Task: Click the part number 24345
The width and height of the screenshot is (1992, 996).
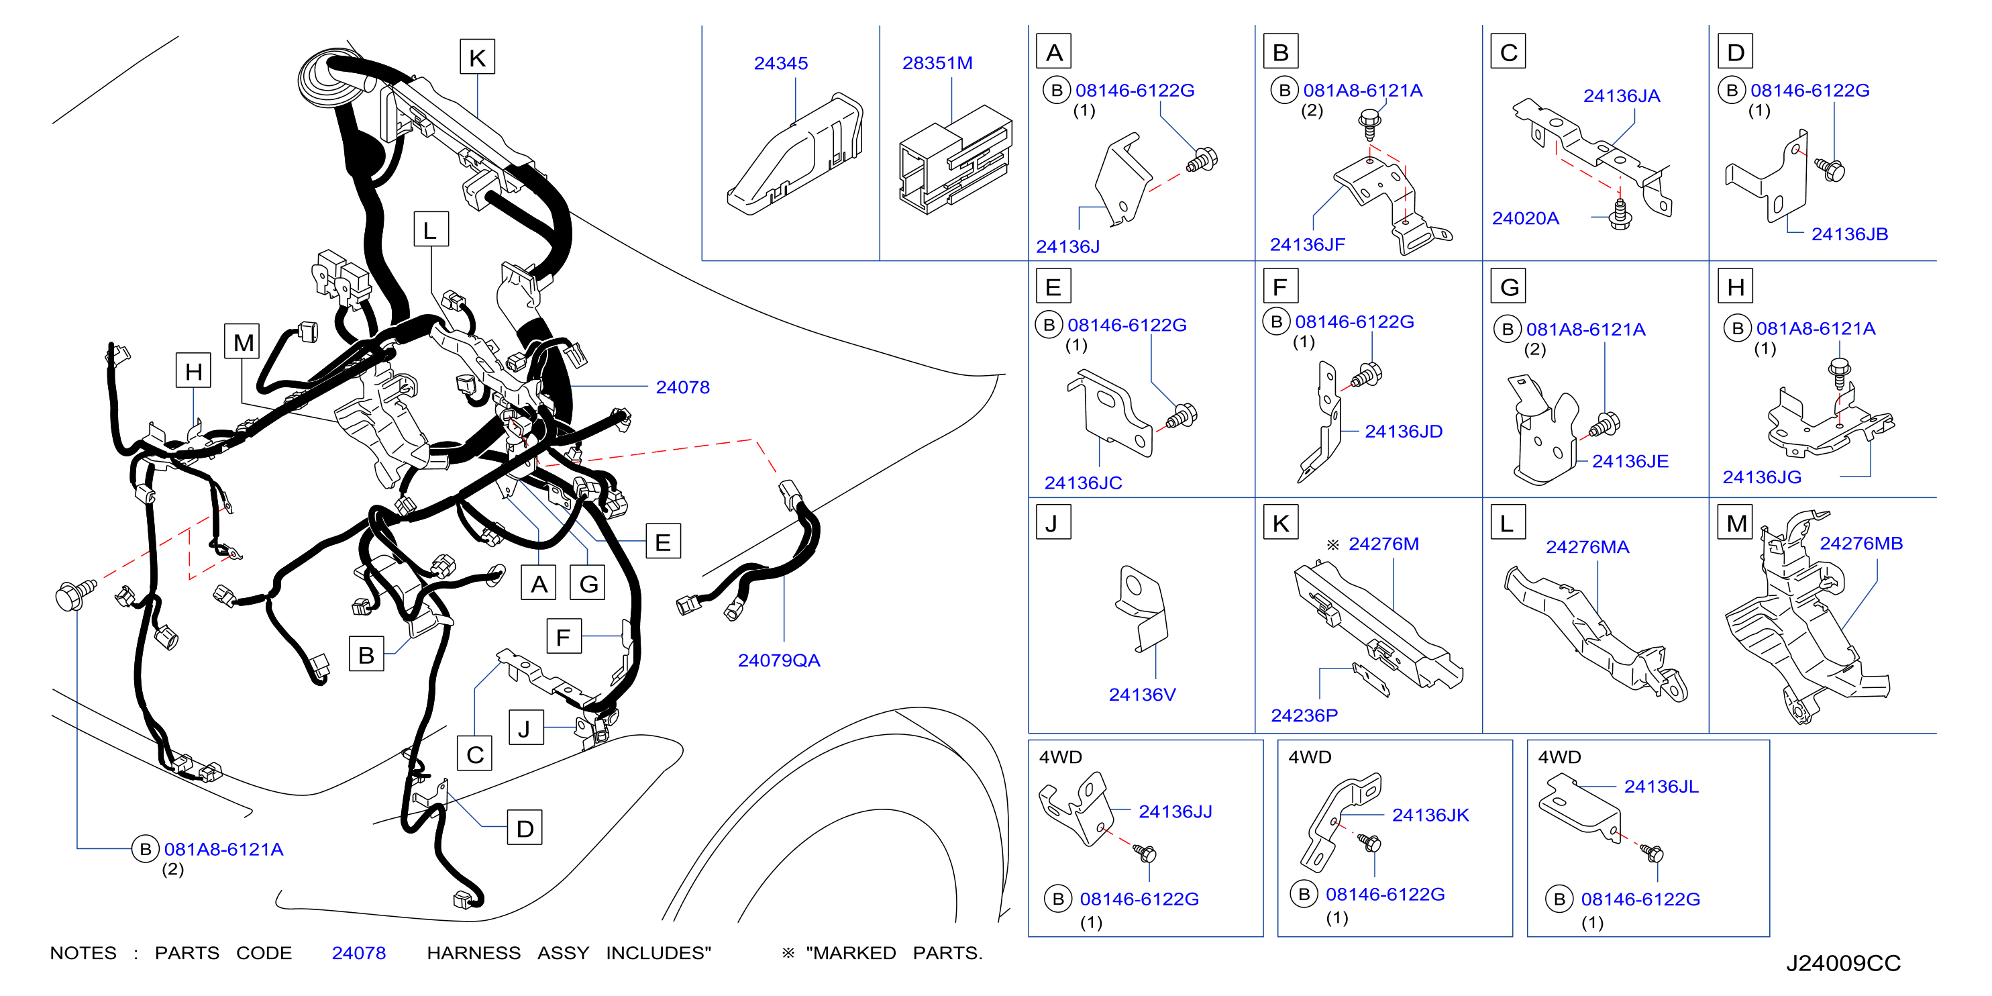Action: click(780, 63)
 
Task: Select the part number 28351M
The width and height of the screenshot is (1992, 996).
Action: click(937, 63)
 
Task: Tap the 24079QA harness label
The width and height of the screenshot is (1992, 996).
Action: click(779, 660)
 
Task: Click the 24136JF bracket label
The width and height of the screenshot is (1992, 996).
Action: click(1307, 244)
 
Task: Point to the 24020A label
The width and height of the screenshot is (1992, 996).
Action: click(1525, 218)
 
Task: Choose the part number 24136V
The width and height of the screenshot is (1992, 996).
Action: click(1142, 695)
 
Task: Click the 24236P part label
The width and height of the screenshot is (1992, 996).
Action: click(1304, 715)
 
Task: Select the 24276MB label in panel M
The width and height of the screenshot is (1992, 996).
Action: click(1860, 543)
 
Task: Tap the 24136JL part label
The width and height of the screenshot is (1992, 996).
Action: click(1661, 787)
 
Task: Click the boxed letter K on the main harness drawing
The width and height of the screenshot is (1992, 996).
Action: click(477, 57)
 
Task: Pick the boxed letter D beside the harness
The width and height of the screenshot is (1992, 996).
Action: click(524, 829)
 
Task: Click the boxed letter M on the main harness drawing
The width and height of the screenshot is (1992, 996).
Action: click(243, 342)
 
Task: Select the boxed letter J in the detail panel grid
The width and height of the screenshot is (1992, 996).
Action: click(1053, 524)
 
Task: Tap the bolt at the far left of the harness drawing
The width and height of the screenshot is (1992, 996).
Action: click(75, 595)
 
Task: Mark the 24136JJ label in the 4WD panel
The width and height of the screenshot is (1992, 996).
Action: click(1175, 811)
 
